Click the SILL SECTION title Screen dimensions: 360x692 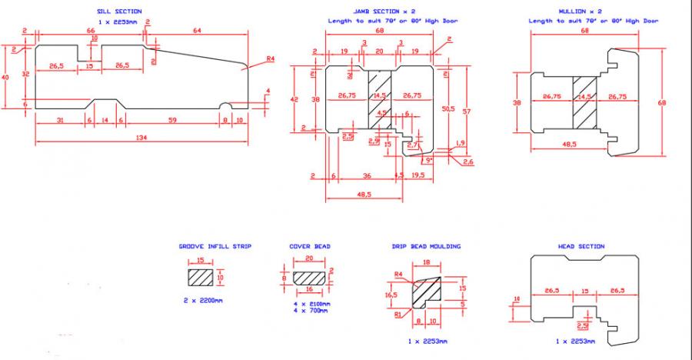pos(119,12)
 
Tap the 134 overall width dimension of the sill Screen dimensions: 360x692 pos(142,138)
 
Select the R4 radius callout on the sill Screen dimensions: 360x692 pos(269,58)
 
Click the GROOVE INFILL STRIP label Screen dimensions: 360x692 pos(215,246)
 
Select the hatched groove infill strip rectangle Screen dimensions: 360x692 pos(201,275)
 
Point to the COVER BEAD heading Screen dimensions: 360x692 pos(310,246)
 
